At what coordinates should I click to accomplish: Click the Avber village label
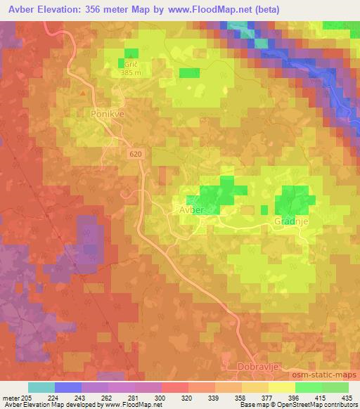pos(191,210)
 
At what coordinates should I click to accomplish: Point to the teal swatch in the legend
pos(41,387)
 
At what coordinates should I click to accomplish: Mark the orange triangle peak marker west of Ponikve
pos(83,92)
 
